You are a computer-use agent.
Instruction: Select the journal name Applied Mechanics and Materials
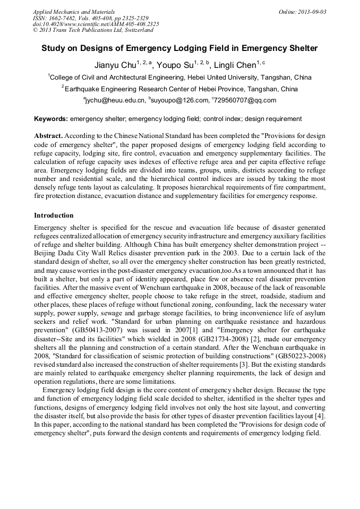tap(74, 12)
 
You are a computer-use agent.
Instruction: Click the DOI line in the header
tap(96, 24)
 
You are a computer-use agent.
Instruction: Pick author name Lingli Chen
tap(236, 65)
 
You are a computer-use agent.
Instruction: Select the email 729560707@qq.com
tap(245, 100)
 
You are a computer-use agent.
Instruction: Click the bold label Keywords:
tap(51, 119)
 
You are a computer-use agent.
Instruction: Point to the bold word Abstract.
tap(48, 136)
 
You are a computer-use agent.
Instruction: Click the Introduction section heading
tap(54, 215)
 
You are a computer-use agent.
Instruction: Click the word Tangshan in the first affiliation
tap(277, 77)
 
